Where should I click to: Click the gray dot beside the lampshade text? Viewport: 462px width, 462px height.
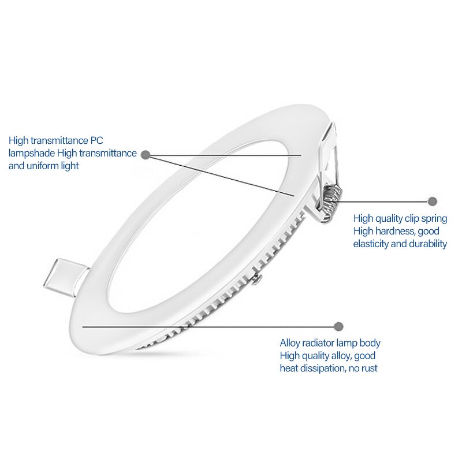pos(146,155)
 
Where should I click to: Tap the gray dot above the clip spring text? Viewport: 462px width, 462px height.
pos(433,202)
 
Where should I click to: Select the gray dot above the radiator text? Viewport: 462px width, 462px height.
pos(339,326)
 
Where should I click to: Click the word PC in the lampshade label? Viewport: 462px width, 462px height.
pos(96,140)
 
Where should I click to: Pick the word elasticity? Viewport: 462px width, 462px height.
pos(372,244)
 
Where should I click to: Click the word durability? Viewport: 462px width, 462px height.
pos(427,244)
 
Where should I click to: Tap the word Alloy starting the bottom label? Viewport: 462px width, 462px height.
pos(291,343)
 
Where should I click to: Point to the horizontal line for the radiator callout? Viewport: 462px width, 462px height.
pos(208,326)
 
